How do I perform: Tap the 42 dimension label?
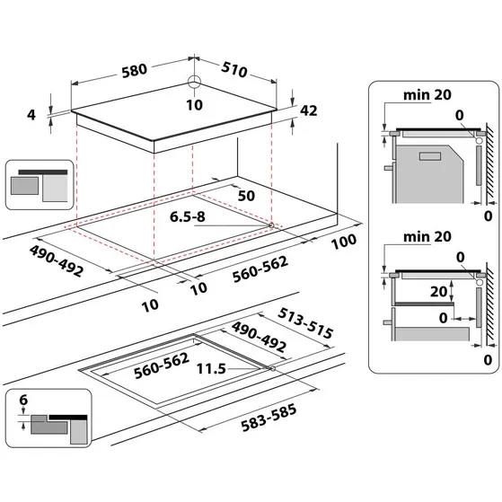[309, 110]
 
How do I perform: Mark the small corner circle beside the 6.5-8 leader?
[271, 225]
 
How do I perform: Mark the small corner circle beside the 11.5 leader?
[272, 368]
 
